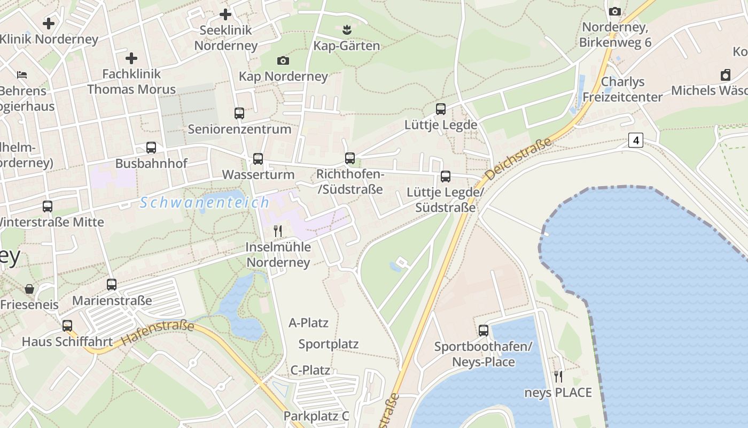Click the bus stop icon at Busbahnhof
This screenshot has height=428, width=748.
pos(151,148)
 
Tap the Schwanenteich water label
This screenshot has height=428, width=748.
pos(205,203)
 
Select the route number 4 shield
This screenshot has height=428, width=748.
pos(635,140)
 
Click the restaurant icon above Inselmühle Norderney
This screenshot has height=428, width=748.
pos(278,231)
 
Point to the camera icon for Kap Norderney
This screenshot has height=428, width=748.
pos(283,61)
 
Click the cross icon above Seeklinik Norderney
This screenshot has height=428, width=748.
pos(225,14)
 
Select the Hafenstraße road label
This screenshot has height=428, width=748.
pos(157,332)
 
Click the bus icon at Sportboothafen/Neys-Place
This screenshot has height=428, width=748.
pos(484,331)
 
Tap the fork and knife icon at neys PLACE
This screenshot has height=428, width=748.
pos(558,377)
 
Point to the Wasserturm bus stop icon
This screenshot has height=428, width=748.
pos(258,159)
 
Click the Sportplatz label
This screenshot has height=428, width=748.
pos(328,344)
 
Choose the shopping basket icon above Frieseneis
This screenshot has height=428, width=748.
pos(29,289)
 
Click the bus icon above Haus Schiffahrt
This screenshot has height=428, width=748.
pos(67,326)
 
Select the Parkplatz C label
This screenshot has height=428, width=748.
pos(316,416)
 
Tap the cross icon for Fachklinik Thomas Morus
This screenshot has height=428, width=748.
pos(131,58)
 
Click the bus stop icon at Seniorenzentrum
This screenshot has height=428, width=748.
pos(239,113)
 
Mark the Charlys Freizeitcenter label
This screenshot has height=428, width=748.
pos(622,89)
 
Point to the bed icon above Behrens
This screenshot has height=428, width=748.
pos(22,74)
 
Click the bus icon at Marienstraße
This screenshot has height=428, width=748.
pos(112,285)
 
